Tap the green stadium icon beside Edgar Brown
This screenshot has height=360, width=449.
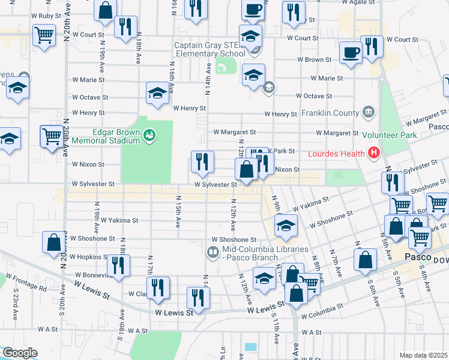click(x=149, y=137)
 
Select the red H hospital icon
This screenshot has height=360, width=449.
click(x=374, y=154)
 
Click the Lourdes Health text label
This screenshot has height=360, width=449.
click(x=337, y=154)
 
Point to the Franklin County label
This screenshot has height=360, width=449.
click(x=330, y=113)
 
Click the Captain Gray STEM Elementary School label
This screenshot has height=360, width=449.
click(x=210, y=49)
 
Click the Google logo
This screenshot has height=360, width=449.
click(x=19, y=353)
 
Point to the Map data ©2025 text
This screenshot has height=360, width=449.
click(x=423, y=355)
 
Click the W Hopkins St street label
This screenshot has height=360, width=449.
click(x=88, y=257)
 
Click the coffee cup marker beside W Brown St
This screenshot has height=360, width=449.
click(x=350, y=53)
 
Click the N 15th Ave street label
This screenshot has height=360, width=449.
click(x=178, y=212)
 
